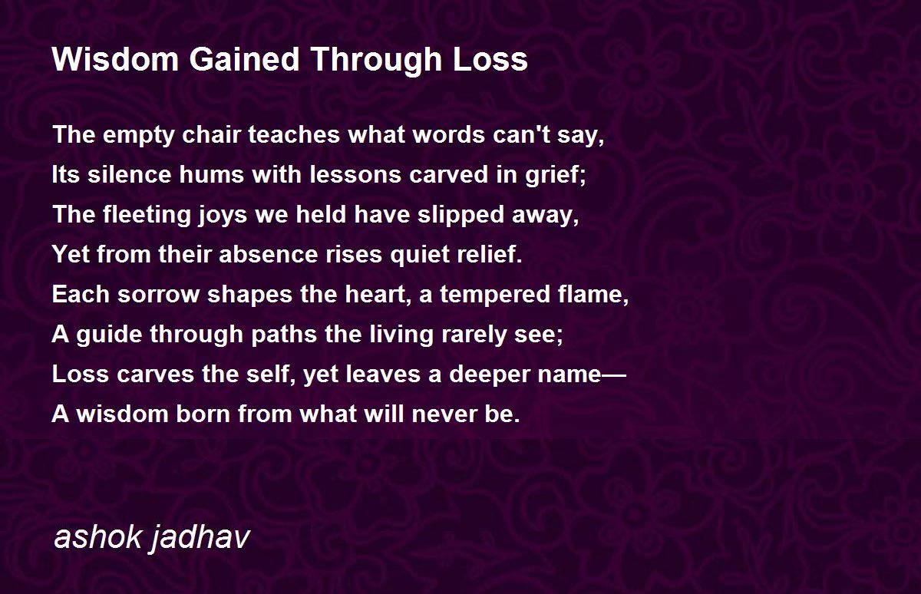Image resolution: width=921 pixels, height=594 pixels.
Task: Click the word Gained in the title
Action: point(244,60)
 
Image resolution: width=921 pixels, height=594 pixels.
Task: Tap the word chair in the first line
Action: point(211,134)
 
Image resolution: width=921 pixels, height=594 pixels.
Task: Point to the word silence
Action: point(129,174)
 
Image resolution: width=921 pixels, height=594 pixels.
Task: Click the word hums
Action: point(212,174)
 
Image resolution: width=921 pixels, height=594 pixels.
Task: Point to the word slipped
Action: point(461,216)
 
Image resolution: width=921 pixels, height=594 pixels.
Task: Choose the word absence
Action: point(269,254)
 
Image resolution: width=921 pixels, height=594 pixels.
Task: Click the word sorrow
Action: point(158,295)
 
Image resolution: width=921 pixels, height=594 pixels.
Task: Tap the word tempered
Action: point(495,295)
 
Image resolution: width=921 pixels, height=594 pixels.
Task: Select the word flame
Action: point(593,295)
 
